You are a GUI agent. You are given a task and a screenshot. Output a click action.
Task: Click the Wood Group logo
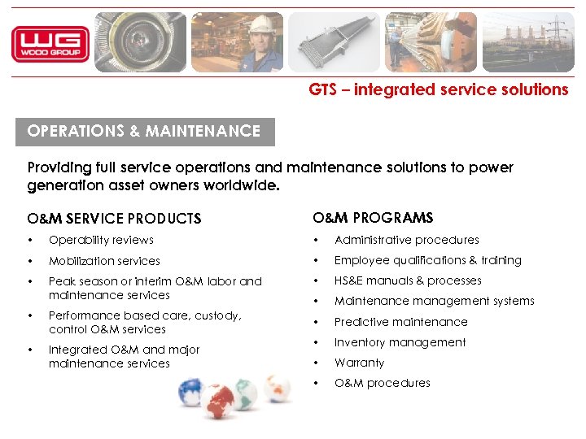50,44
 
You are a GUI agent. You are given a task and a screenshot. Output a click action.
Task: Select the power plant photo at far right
527,42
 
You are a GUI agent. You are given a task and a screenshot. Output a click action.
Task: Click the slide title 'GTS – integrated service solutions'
438,90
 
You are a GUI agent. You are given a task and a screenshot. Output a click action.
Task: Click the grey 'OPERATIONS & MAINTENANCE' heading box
145,131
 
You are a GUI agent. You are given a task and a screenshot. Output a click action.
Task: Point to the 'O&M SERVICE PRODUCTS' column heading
114,219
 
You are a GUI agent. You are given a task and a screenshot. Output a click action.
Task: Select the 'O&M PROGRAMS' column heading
373,218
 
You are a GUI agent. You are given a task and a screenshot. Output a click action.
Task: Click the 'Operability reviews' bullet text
101,240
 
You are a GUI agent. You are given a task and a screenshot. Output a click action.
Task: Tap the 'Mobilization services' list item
104,261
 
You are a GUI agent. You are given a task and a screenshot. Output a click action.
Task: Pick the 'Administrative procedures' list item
406,240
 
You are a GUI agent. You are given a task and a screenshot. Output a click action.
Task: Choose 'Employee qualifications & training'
427,260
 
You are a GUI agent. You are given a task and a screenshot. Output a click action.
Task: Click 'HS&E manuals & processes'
408,280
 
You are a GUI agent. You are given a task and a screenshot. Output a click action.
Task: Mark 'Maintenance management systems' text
434,301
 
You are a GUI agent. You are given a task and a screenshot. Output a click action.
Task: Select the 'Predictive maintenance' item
400,322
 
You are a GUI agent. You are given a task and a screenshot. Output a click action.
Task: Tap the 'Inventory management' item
400,342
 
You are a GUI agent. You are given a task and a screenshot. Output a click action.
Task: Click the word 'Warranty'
359,363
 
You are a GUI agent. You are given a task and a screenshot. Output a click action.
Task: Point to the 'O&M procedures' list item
382,383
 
